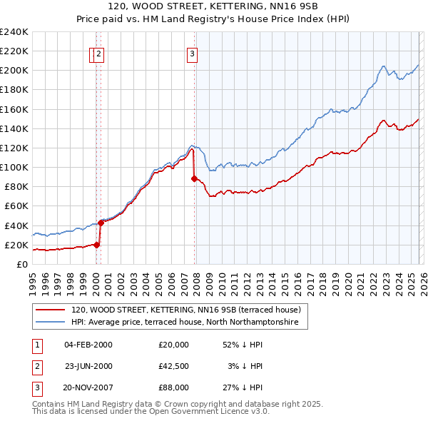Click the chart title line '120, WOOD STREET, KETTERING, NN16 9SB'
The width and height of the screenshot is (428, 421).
point(214,6)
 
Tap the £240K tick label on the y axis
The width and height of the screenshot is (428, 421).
point(14,32)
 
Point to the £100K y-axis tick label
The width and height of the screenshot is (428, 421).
point(14,167)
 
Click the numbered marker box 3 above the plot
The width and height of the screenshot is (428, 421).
point(193,52)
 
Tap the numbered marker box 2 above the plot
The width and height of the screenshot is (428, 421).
point(98,52)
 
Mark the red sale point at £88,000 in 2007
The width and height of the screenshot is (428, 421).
point(194,179)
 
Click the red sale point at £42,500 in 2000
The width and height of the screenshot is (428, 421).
point(101,223)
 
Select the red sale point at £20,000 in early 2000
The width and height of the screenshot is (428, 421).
point(96,245)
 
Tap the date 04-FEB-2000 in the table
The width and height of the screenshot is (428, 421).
point(88,345)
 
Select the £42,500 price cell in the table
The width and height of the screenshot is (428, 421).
point(174,366)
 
